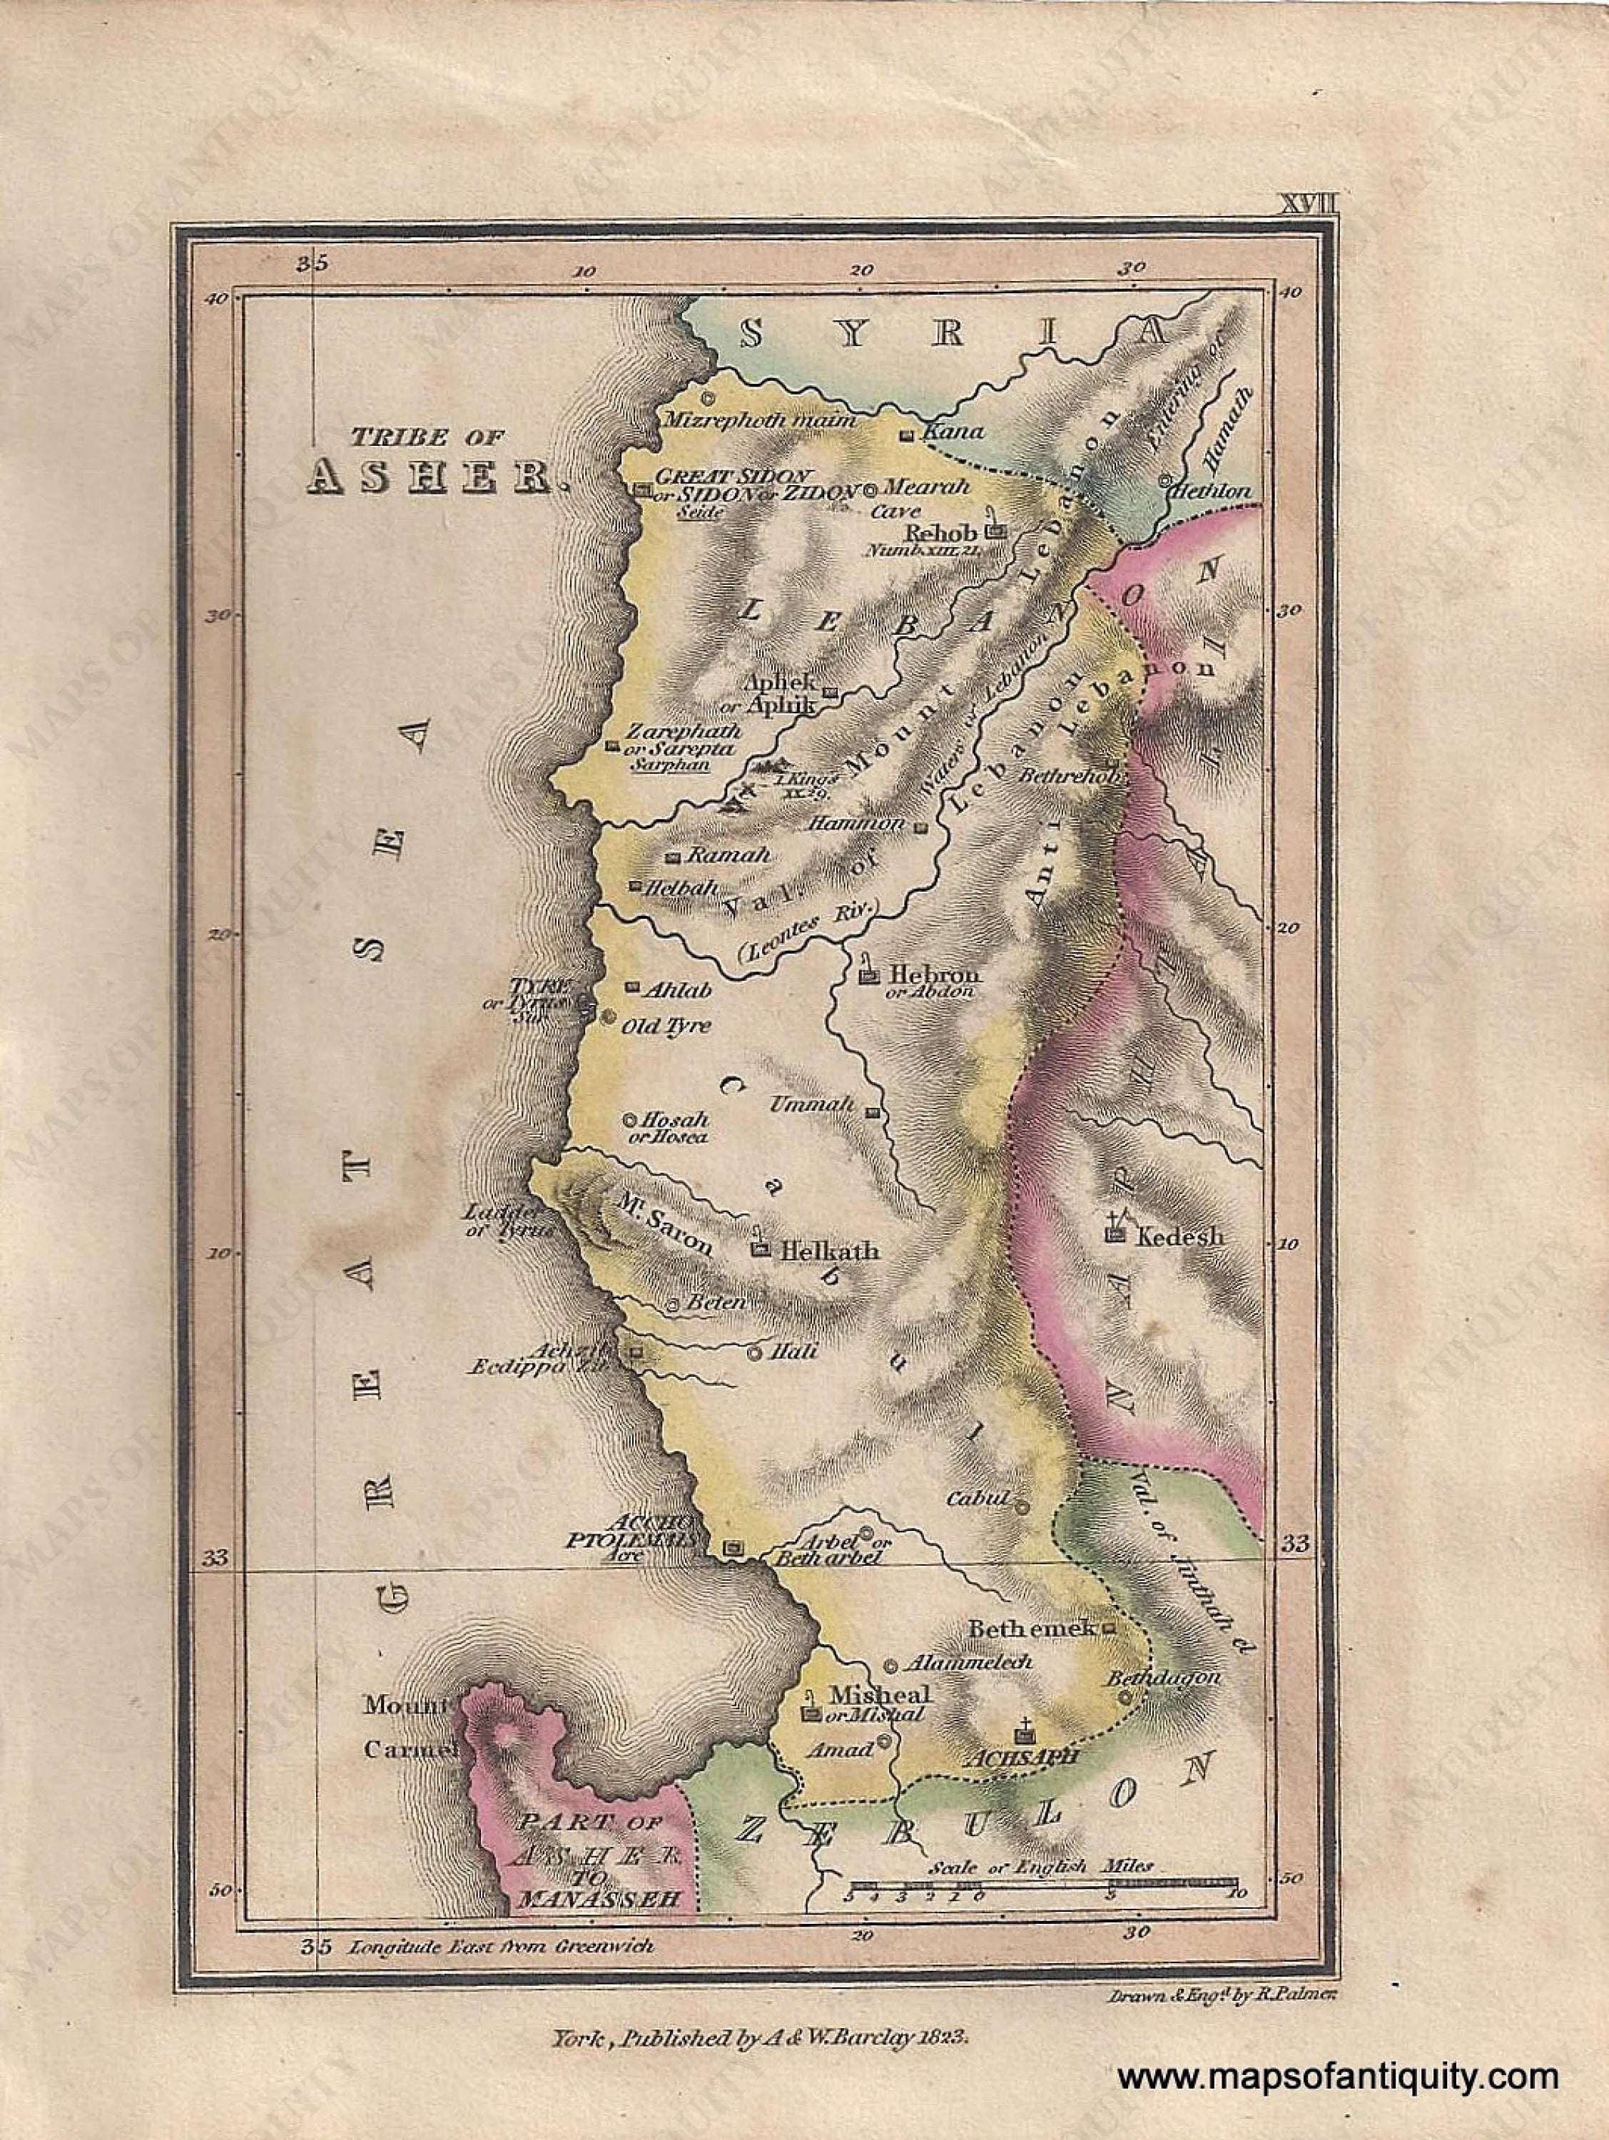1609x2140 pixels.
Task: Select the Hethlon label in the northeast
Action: click(x=1212, y=491)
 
